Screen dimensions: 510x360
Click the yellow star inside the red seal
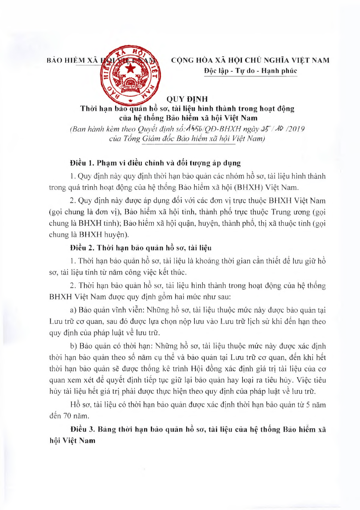click(131, 69)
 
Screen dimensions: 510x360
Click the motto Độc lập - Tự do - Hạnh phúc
click(250, 71)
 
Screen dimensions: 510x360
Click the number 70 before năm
click(67, 416)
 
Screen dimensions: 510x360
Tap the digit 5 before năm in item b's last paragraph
click(308, 405)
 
